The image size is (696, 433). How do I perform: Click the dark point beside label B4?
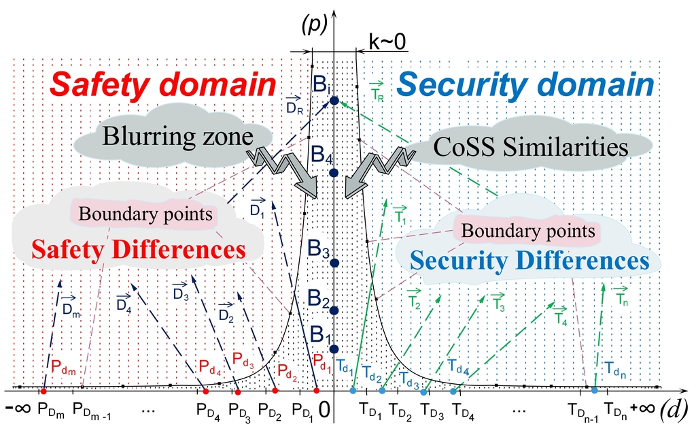(x=334, y=172)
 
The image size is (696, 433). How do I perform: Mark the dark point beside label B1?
(x=334, y=349)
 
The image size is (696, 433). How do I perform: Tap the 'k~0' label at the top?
(x=387, y=42)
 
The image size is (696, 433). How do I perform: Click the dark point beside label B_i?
(x=334, y=101)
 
